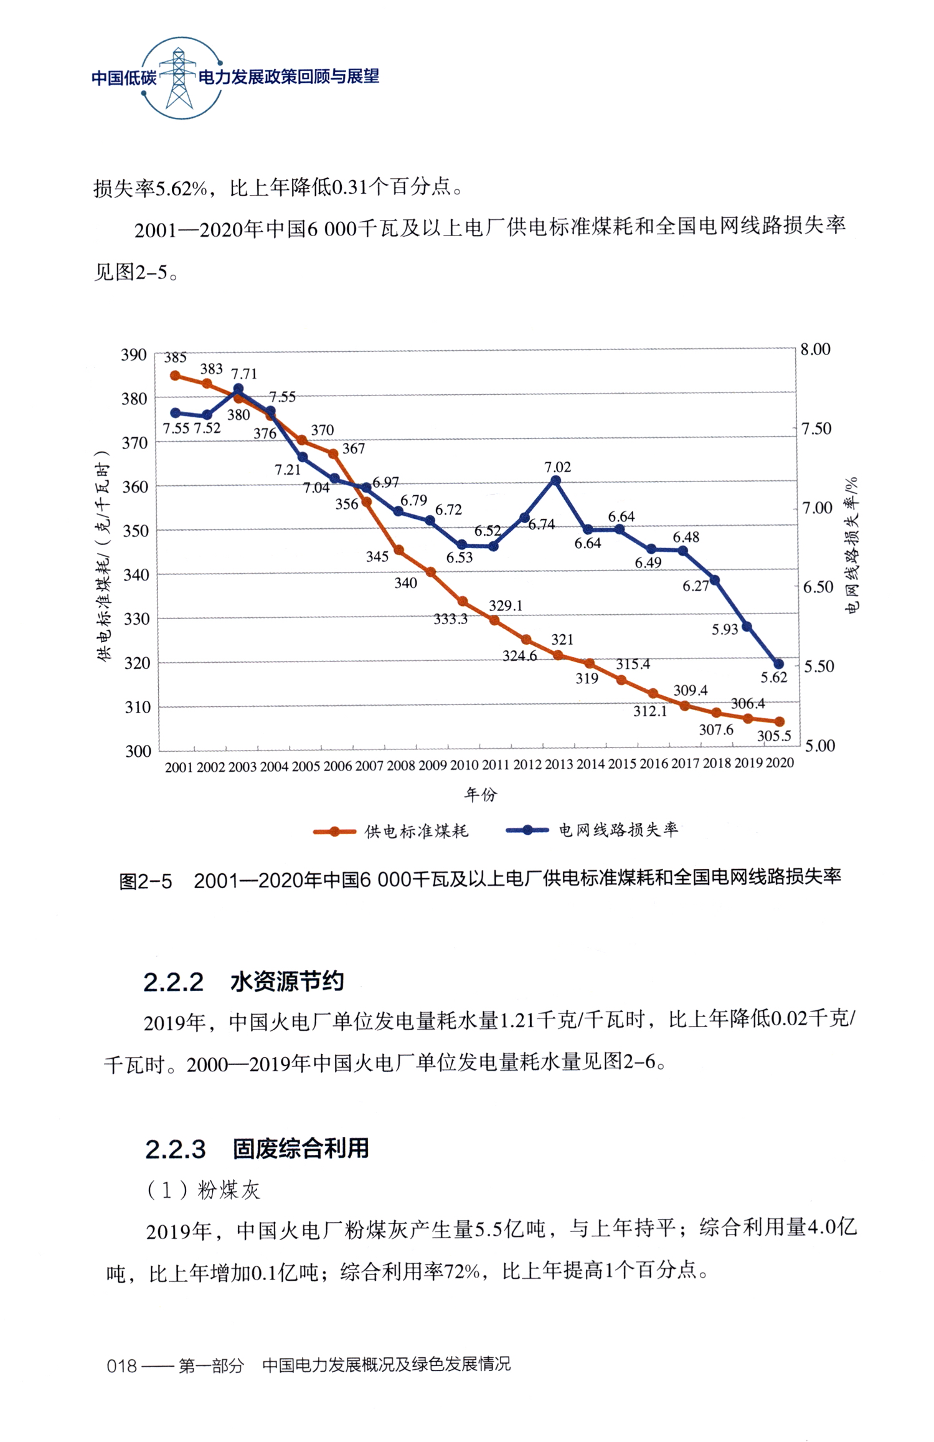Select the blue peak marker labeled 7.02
pos(556,481)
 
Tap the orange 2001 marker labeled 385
pos(175,376)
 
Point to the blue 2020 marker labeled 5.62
pos(778,664)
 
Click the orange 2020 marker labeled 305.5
pos(779,721)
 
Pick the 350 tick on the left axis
pos(136,531)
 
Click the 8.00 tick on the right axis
pos(815,349)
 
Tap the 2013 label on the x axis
pos(559,764)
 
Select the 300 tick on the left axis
pos(138,751)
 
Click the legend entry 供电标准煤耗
pos(416,831)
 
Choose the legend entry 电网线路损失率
pos(618,830)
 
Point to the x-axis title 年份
pos(481,794)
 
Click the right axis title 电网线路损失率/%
pos(851,545)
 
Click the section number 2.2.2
pos(173,983)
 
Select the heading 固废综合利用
pos(301,1148)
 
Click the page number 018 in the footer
pos(121,1366)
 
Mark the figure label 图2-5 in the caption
pos(145,881)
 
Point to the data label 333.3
pos(450,619)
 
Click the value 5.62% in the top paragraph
pos(181,187)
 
